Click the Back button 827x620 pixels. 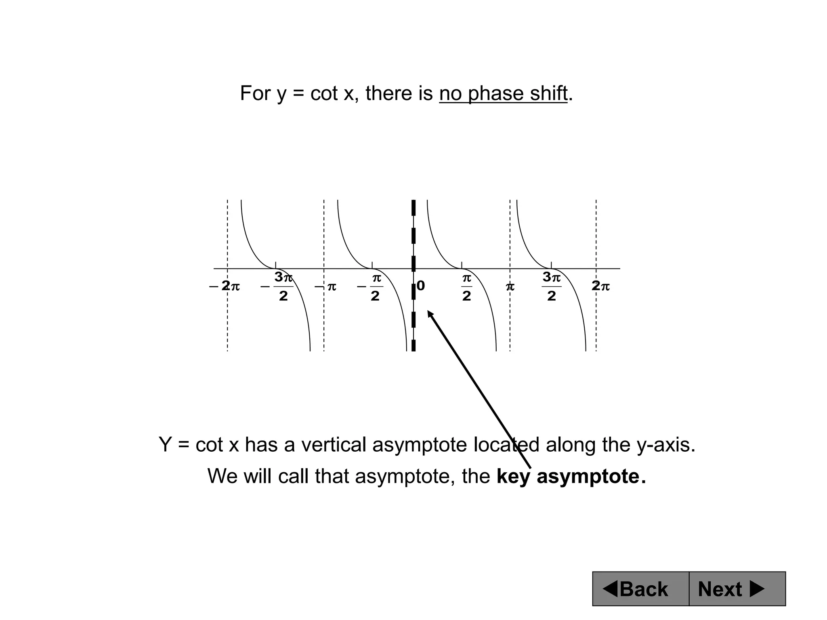coord(640,589)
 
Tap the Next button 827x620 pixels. coord(737,589)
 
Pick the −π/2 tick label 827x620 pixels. coord(371,287)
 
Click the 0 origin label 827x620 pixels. coord(421,286)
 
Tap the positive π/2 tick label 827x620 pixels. coord(466,287)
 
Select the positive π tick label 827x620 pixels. coord(510,287)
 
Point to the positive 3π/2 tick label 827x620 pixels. coord(552,287)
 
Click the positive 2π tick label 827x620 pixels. coord(600,286)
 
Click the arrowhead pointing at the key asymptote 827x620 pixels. coord(430,314)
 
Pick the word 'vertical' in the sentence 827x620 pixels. coord(334,445)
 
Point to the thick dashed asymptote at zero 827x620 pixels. coord(413,234)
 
